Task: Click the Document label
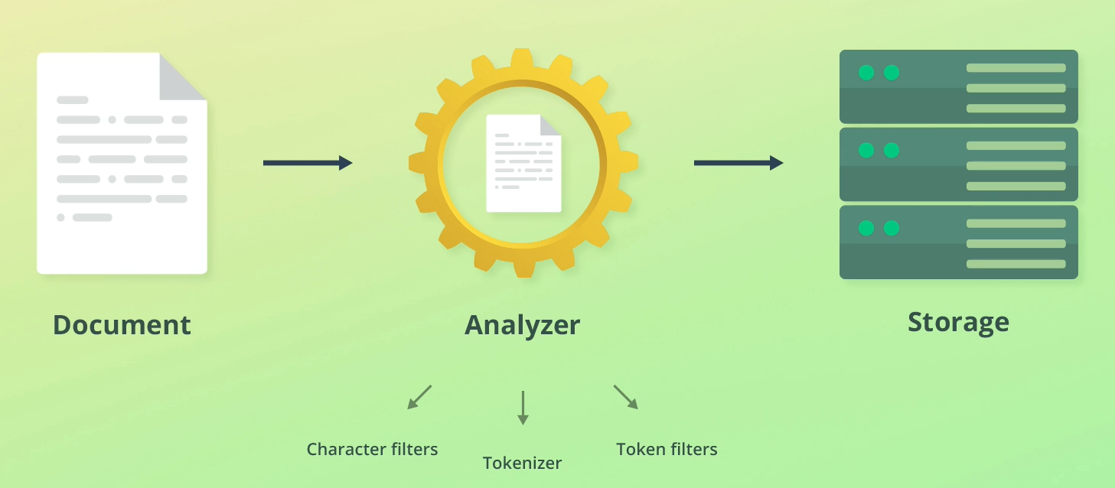pyautogui.click(x=122, y=325)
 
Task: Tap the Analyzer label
pyautogui.click(x=522, y=325)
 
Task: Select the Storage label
pyautogui.click(x=958, y=322)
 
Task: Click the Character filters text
pyautogui.click(x=372, y=449)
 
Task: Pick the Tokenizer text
pyautogui.click(x=522, y=463)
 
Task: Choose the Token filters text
pyautogui.click(x=667, y=449)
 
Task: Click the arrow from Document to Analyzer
pyautogui.click(x=307, y=163)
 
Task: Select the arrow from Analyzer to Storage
pyautogui.click(x=738, y=163)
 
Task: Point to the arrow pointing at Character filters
pyautogui.click(x=419, y=397)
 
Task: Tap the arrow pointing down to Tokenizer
pyautogui.click(x=523, y=408)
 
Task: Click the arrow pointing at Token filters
pyautogui.click(x=625, y=397)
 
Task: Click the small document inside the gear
pyautogui.click(x=523, y=163)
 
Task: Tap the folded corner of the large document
pyautogui.click(x=181, y=77)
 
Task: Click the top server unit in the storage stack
pyautogui.click(x=958, y=86)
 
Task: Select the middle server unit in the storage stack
pyautogui.click(x=958, y=164)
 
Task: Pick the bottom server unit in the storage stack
pyautogui.click(x=958, y=242)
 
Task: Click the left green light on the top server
pyautogui.click(x=866, y=73)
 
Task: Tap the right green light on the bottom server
pyautogui.click(x=892, y=228)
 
